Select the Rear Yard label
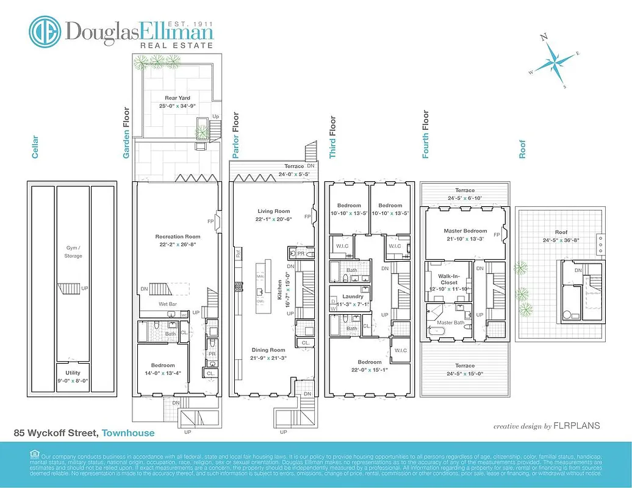tap(178, 98)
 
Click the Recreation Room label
tap(178, 236)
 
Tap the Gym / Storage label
tap(73, 252)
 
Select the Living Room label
tap(273, 212)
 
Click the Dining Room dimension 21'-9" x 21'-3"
tap(268, 357)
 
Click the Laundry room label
tap(353, 296)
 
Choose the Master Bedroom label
tap(465, 231)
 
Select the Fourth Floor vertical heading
tap(426, 134)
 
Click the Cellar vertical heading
tap(35, 146)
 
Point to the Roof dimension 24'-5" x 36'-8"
tap(561, 240)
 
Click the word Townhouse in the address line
tap(128, 433)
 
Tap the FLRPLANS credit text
tap(580, 426)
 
